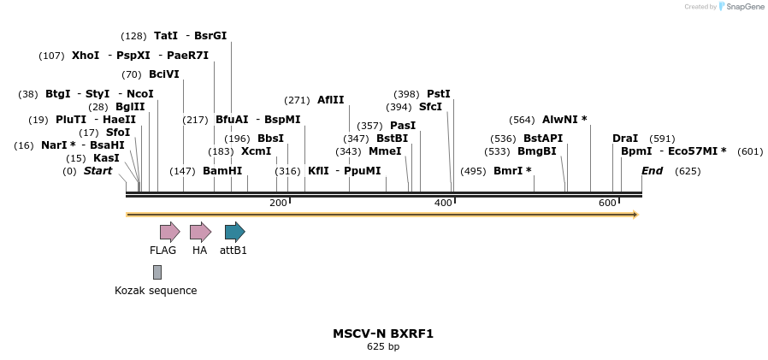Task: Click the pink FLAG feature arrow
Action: [169, 232]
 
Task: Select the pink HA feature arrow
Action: [200, 232]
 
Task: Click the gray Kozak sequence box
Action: [157, 272]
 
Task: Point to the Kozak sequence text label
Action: [156, 291]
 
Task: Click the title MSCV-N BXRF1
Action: [383, 333]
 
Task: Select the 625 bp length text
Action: [383, 347]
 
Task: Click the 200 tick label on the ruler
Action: [278, 203]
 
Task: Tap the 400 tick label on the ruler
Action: [443, 203]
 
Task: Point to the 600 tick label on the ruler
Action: [607, 203]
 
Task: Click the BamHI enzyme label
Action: [222, 171]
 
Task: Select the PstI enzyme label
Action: [439, 94]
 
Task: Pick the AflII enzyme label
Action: [331, 100]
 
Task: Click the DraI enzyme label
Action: [625, 139]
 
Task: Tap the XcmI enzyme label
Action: [256, 151]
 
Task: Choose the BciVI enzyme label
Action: [164, 74]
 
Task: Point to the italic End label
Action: [653, 171]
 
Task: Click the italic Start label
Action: [97, 171]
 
